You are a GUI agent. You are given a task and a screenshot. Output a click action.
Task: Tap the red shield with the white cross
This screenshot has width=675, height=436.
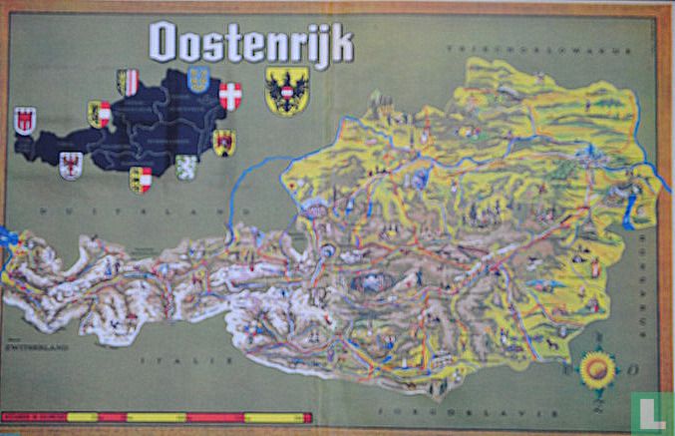click(231, 96)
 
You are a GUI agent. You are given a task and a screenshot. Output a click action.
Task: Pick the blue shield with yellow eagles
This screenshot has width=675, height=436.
click(198, 79)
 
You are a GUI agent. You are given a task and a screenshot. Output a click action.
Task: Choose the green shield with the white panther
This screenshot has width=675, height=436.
click(186, 165)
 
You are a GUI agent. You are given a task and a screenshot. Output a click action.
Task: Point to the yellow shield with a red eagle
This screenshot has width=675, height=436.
click(224, 142)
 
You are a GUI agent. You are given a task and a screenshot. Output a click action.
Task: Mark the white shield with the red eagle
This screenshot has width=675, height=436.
click(70, 165)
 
